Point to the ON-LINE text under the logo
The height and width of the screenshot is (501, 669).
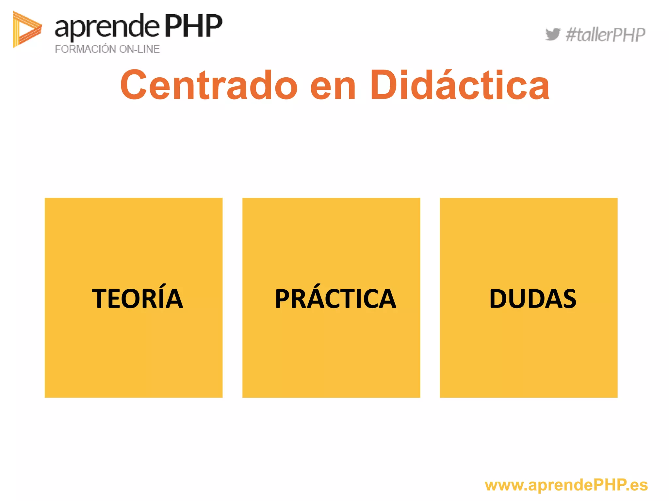point(139,49)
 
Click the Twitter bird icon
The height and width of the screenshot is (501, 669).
point(552,34)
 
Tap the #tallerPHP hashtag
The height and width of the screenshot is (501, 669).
point(605,35)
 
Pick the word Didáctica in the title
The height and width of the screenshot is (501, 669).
point(460,85)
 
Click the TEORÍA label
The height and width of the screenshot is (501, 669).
point(137,298)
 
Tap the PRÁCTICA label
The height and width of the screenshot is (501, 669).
point(335,298)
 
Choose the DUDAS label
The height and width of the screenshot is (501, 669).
point(533,298)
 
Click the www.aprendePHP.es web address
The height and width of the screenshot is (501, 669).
point(566,485)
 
